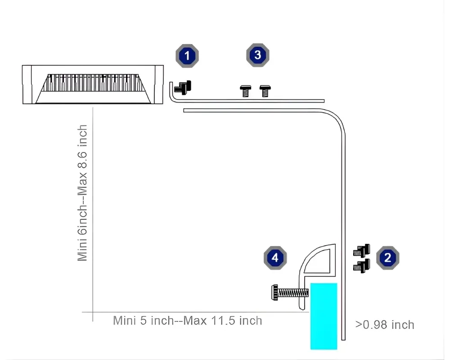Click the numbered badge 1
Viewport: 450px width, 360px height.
[187, 56]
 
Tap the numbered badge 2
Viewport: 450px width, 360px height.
[388, 257]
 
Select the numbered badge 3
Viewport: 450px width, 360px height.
[258, 55]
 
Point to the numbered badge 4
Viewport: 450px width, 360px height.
[275, 257]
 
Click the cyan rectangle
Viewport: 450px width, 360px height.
[324, 316]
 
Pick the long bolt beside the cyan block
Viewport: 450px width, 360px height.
[290, 293]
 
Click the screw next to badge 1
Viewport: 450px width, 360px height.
[183, 87]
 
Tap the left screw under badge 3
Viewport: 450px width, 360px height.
[245, 91]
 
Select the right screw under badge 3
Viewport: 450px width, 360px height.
[265, 91]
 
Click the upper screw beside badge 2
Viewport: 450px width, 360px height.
[362, 251]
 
